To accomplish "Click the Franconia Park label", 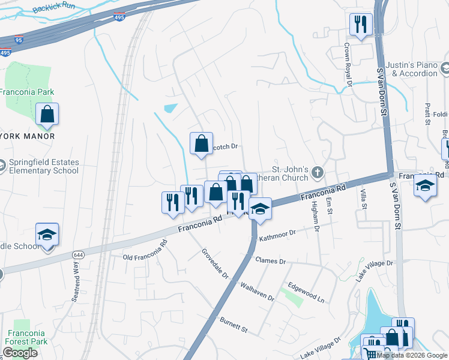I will coord(27,92).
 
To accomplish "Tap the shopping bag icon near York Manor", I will coord(47,113).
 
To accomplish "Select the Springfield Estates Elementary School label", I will coord(43,166).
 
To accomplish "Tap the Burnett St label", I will coord(234,325).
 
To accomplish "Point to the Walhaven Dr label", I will coord(257,290).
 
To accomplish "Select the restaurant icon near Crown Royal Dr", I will coord(360,24).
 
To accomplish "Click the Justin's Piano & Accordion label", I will coord(415,69).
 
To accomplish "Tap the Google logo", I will coord(20,353).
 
